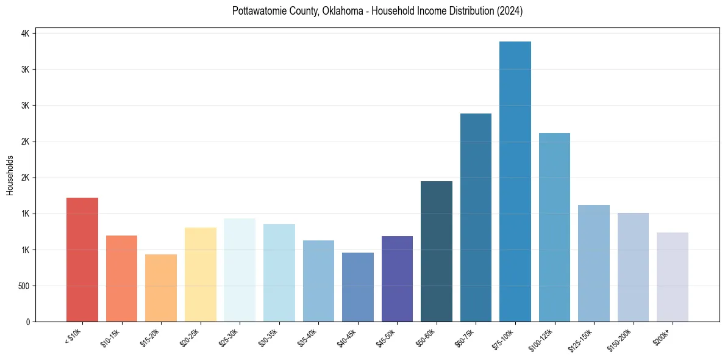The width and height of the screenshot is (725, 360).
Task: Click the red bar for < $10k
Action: point(82,259)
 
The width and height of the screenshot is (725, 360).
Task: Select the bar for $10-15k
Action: point(121,278)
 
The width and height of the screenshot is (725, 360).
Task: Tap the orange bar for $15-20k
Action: point(161,288)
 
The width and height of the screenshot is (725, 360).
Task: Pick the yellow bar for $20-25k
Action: point(200,275)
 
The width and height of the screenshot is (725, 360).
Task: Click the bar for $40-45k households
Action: point(357,287)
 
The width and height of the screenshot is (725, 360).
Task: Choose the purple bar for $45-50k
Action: point(397,279)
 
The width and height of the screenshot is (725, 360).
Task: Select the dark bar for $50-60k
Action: point(437,251)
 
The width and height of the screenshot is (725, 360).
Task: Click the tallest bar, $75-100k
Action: point(515,181)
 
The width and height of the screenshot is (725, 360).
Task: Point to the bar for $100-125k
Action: point(554,227)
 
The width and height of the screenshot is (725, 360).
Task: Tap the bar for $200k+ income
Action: point(673,277)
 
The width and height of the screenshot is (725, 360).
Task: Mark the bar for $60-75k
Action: point(476,217)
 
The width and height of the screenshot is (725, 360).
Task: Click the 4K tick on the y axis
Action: point(25,34)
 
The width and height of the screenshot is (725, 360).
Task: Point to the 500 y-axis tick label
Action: point(23,286)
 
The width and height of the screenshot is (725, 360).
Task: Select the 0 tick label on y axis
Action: point(27,322)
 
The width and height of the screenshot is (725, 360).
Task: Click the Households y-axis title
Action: point(10,175)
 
